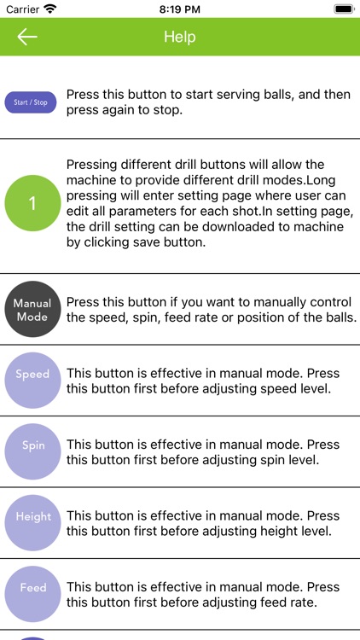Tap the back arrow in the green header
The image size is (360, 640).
[x=27, y=37]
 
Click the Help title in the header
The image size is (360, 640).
[x=180, y=37]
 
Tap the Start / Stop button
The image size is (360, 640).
[x=31, y=102]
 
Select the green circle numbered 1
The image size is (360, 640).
[x=32, y=203]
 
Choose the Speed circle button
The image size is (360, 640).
[x=32, y=381]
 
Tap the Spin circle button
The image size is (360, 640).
[x=32, y=451]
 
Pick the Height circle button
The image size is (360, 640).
[x=32, y=522]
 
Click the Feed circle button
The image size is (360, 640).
[x=32, y=593]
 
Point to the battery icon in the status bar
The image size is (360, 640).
[x=344, y=9]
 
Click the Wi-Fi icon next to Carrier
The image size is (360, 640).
[x=49, y=9]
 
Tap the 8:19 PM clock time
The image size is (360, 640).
[x=180, y=9]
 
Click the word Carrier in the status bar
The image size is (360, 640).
[x=22, y=9]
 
